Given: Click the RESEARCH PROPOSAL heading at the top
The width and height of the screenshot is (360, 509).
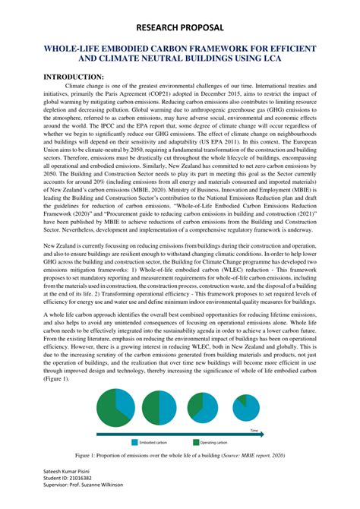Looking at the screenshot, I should (180, 28).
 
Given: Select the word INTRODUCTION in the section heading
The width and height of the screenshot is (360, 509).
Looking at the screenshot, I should (73, 77).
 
